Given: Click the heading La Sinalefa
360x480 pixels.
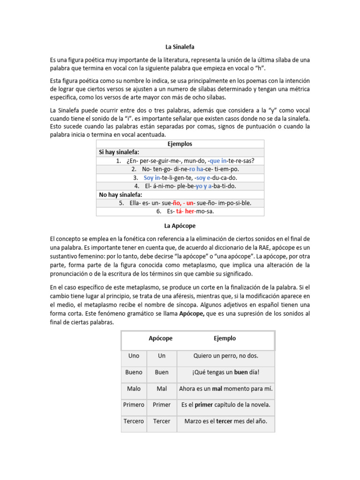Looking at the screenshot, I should [x=180, y=47].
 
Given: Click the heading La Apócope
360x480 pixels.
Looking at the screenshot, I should [x=180, y=225].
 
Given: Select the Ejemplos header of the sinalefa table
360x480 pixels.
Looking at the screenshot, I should [x=180, y=144].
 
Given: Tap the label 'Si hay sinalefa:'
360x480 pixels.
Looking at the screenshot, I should [x=119, y=152].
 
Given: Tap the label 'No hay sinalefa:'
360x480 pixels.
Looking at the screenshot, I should [x=120, y=195].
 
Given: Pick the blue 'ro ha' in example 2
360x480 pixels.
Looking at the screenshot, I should [x=196, y=169].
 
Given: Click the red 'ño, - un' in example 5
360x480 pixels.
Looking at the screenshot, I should [x=184, y=203].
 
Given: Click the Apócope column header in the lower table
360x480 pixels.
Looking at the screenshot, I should [x=161, y=338].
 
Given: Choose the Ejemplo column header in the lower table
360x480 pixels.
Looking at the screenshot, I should [x=225, y=338].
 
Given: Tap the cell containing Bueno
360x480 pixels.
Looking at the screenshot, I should [x=134, y=372].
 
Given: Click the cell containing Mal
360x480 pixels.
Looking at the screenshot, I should [x=162, y=389].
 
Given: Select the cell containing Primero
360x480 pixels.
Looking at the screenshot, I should [x=134, y=405].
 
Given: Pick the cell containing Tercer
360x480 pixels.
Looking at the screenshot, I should [x=162, y=421].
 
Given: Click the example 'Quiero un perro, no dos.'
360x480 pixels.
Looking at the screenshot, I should [x=225, y=356].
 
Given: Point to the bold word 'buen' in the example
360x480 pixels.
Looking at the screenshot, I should [x=241, y=372].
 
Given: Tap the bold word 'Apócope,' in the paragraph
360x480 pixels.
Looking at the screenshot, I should [x=192, y=315].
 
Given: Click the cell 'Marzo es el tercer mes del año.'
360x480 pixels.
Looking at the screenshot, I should [x=225, y=421].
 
